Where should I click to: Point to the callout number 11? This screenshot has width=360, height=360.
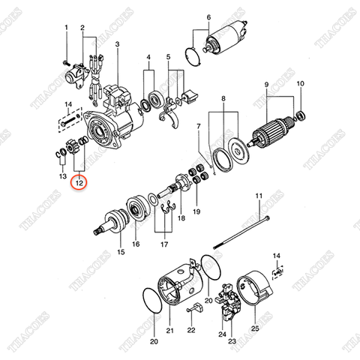(x=257, y=196)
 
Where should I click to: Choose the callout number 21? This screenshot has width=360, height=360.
(x=169, y=330)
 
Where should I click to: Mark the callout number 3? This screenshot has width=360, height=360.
(x=118, y=45)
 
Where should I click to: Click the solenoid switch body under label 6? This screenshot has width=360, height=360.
(x=227, y=36)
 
